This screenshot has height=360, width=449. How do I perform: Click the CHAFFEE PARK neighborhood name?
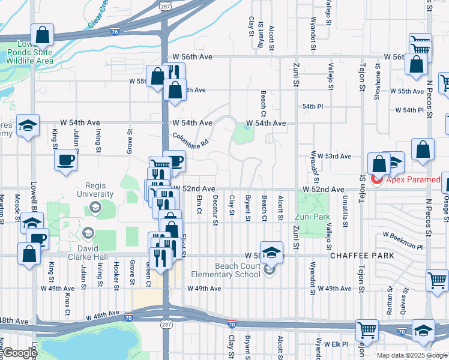point(362,256)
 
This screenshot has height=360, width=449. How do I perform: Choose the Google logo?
point(19,353)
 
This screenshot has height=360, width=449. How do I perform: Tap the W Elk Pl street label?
point(337,344)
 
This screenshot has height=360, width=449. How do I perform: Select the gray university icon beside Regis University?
point(95,207)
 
